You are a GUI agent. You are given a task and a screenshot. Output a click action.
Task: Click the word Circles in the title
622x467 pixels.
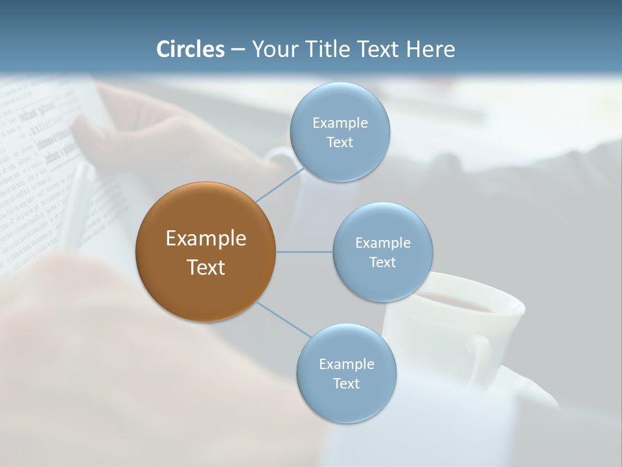coord(190,49)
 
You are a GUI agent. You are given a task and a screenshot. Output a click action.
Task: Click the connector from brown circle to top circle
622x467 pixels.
coord(279,184)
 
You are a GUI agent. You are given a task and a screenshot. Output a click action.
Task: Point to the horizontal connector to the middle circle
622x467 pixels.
coord(305,252)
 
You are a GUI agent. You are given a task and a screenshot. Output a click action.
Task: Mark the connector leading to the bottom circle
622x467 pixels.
coord(283,319)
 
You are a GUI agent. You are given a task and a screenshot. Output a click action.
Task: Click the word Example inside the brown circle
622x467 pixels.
coord(206,239)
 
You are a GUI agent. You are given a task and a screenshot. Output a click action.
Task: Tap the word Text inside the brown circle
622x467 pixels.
coord(206,267)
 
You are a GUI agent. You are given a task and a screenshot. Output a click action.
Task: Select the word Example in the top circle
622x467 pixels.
coord(340,123)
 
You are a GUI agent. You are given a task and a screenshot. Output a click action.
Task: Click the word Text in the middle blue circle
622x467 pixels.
coord(382,262)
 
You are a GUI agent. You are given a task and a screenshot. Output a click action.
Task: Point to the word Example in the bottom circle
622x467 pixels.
coord(346,364)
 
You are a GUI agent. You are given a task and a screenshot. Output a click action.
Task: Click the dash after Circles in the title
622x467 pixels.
coord(238,50)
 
